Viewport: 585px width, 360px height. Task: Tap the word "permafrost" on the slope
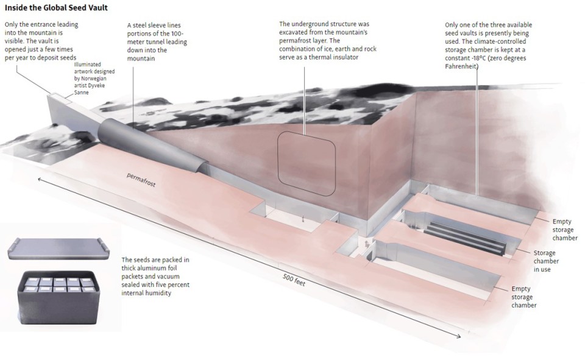142,181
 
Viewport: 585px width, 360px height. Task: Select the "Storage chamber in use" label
545,261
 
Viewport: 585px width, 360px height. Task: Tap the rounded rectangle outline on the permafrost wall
307,164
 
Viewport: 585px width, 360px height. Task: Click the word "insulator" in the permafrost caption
339,57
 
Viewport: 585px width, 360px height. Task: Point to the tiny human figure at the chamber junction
366,242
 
